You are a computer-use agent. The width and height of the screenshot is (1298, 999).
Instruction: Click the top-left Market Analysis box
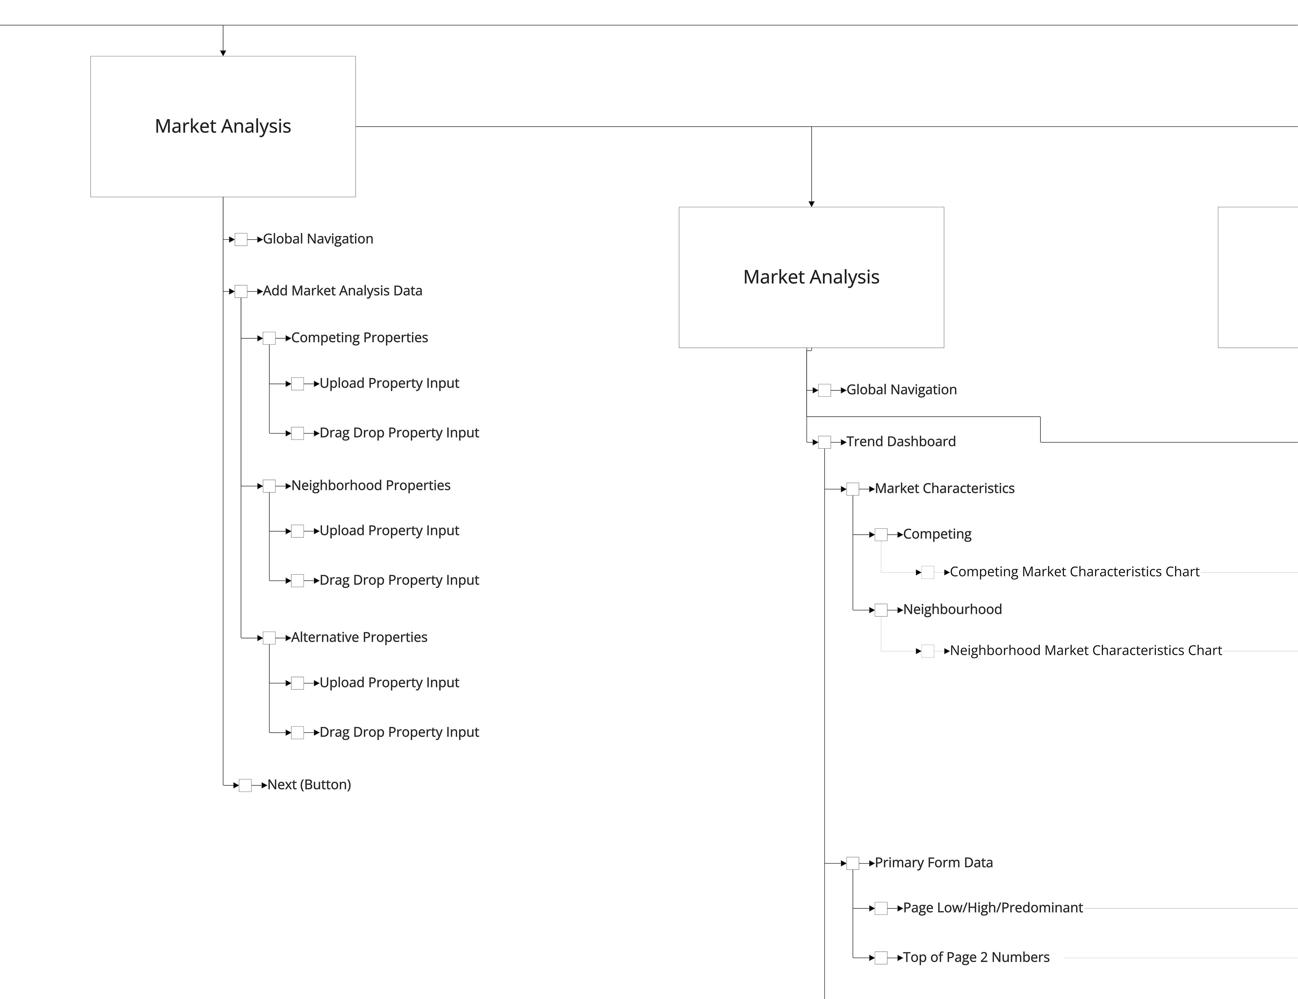(x=223, y=126)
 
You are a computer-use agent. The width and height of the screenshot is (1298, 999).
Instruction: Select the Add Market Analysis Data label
(x=342, y=291)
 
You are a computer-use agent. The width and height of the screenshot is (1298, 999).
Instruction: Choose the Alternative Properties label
(x=359, y=637)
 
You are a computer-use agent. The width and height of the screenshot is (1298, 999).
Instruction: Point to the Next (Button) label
(x=309, y=784)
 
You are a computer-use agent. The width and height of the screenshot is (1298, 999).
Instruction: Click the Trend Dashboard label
(x=900, y=442)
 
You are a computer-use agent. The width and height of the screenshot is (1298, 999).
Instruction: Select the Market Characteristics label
(x=944, y=488)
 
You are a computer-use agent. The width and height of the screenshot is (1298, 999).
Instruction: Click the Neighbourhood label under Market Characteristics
(x=952, y=609)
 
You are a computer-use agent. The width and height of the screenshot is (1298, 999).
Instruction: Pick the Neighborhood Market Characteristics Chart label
(x=1085, y=651)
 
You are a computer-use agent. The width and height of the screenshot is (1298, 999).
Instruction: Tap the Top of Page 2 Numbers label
(x=976, y=957)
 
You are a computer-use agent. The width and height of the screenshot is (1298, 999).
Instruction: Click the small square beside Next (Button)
(x=245, y=785)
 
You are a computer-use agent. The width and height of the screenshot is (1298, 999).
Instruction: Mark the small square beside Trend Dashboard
(x=824, y=442)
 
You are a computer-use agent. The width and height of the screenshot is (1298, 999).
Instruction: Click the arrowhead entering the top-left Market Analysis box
(x=223, y=53)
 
